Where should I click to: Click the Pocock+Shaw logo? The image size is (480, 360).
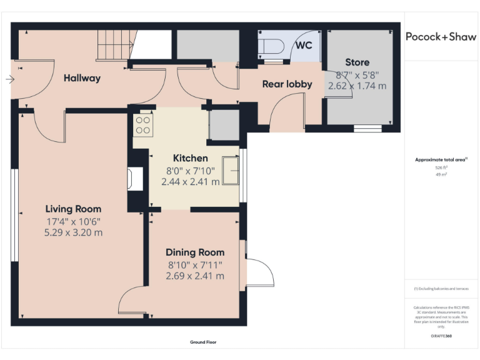click(x=441, y=36)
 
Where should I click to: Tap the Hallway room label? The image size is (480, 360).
click(x=82, y=78)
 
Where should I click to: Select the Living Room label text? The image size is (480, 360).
click(x=73, y=209)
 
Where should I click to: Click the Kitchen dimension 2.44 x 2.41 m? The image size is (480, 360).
click(x=191, y=182)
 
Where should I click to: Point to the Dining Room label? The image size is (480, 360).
click(x=195, y=252)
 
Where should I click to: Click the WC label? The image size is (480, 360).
click(x=304, y=46)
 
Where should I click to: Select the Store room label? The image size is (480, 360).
click(x=357, y=62)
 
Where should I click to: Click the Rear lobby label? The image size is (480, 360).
click(x=287, y=84)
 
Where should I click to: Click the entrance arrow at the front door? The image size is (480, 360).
click(x=9, y=79)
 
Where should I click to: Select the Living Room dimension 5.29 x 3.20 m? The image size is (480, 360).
click(x=73, y=232)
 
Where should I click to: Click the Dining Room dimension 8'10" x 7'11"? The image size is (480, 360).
click(x=195, y=264)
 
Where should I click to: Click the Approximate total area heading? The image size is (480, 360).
click(x=441, y=161)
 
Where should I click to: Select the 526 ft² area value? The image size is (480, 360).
click(x=441, y=167)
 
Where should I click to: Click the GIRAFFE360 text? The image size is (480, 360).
click(x=441, y=336)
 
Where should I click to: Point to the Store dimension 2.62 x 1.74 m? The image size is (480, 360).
click(x=357, y=86)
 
